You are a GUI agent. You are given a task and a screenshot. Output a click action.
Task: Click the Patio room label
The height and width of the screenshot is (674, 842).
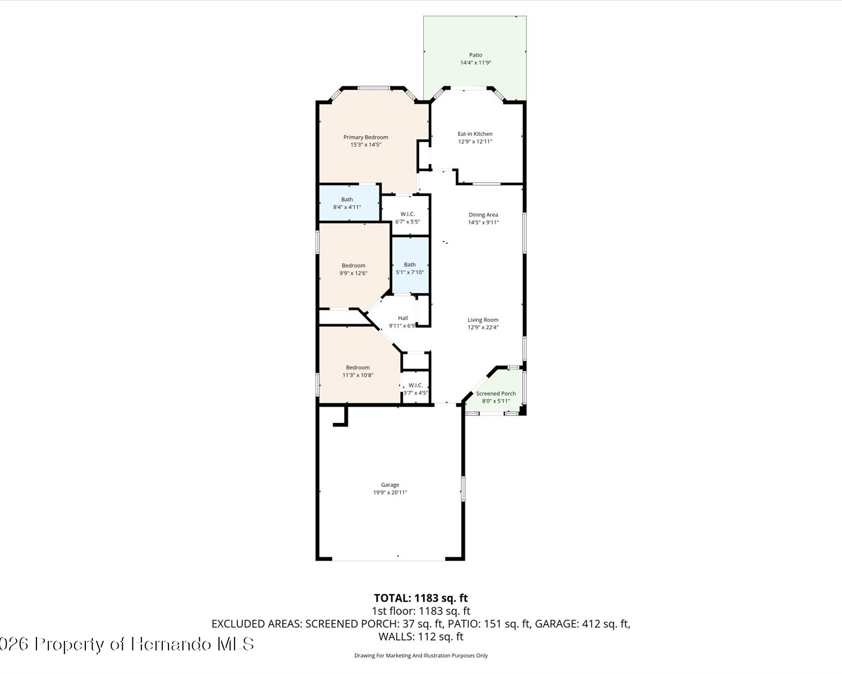pos(475,55)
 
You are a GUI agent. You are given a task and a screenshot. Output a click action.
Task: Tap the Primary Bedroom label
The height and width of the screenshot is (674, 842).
pos(366,137)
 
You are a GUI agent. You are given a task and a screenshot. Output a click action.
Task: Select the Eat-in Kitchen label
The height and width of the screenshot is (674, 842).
pos(475,134)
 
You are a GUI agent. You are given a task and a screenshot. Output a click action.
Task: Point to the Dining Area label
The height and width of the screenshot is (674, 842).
pos(483,215)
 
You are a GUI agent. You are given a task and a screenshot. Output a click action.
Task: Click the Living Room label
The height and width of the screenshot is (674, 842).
pos(483,320)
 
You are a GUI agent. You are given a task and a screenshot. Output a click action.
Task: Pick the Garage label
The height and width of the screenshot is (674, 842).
pos(390,485)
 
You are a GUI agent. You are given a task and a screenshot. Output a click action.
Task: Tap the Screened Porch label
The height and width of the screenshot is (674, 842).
pos(496,394)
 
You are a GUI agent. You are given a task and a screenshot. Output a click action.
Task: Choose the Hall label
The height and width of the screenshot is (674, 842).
pos(403,318)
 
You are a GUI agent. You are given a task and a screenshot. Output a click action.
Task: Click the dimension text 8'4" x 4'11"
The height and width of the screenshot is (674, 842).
pos(347,207)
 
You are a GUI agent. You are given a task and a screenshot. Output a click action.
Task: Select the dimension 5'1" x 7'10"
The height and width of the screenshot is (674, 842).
pos(410,272)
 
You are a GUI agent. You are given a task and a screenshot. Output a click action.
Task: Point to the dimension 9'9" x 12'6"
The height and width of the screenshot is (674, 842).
pos(353,273)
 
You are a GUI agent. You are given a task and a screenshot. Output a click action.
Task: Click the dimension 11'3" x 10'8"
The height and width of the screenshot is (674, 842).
pos(358,375)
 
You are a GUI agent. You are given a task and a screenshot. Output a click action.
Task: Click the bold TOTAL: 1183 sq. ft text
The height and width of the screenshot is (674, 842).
pos(421,598)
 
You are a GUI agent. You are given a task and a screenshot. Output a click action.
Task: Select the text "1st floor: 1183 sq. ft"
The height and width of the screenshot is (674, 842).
pos(421,611)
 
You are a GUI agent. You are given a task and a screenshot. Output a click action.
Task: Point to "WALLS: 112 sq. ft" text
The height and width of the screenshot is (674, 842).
pos(421,636)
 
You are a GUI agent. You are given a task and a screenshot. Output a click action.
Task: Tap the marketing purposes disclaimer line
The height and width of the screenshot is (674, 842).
pos(421,655)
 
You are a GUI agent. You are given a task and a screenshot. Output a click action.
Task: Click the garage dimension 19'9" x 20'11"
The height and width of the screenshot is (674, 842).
pos(390,493)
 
